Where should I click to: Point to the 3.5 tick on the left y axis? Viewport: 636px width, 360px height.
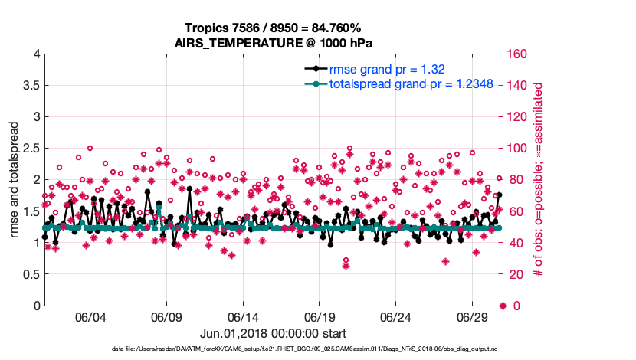coord(31,86)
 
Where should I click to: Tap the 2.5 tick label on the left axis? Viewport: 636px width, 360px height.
coord(31,149)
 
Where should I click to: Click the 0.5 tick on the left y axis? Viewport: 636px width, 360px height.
coord(31,274)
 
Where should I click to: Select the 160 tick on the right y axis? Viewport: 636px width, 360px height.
coord(518,54)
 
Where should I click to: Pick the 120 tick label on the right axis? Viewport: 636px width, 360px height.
coord(518,117)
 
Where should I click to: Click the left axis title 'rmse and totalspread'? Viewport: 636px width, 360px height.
coord(15,179)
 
